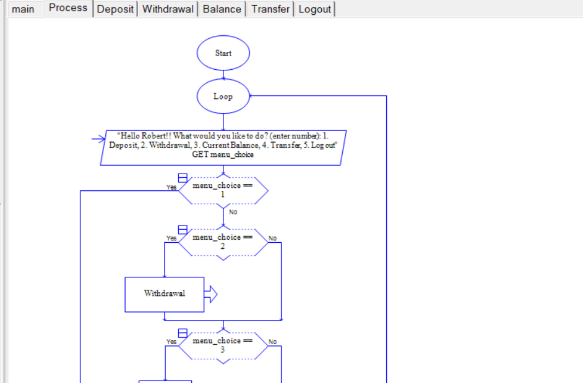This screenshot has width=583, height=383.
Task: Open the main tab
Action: (x=23, y=9)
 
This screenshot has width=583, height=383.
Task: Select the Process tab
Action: (x=68, y=8)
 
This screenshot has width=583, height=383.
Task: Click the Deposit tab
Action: (x=115, y=9)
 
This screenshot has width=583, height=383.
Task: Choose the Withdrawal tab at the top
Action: (x=168, y=9)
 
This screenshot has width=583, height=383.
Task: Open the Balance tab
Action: (x=222, y=9)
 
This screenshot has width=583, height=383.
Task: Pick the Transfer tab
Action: (x=270, y=9)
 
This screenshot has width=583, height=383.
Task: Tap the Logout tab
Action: (x=314, y=9)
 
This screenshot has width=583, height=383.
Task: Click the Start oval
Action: (x=223, y=53)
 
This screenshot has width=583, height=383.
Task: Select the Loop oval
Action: (x=223, y=96)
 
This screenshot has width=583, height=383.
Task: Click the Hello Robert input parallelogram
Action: (x=223, y=148)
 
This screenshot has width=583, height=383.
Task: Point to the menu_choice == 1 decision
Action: (x=223, y=191)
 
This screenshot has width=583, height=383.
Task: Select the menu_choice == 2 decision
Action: (x=223, y=243)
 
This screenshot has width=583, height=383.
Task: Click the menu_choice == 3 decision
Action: (x=223, y=347)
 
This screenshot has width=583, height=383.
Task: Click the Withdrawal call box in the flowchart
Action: (x=165, y=294)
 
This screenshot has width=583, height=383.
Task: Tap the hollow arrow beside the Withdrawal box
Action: (x=211, y=294)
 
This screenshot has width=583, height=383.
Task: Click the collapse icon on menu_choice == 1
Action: (x=183, y=178)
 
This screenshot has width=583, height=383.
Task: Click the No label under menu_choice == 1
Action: (x=233, y=212)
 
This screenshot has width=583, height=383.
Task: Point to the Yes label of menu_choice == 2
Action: (x=171, y=238)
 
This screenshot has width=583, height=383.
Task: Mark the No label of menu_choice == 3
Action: (x=272, y=342)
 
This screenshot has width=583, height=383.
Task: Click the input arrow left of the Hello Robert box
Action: (x=98, y=139)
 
